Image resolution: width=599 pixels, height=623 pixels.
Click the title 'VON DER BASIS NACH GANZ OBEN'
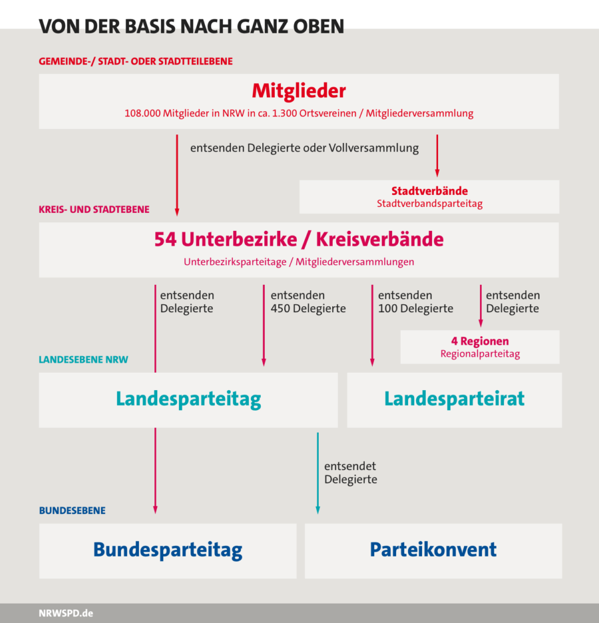point(192,27)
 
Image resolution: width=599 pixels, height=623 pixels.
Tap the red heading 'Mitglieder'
point(299,91)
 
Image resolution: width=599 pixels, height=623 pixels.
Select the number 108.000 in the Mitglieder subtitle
point(142,113)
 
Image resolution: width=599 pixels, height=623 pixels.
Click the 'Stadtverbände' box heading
point(429,191)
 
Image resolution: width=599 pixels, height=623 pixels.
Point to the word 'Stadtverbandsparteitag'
point(429,204)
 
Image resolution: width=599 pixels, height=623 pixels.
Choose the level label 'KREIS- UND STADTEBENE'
point(94,210)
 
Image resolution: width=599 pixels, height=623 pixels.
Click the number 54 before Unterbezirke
point(165,239)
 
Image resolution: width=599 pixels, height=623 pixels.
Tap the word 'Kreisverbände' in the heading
point(380,239)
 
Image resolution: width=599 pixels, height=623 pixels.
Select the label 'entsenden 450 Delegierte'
point(308,302)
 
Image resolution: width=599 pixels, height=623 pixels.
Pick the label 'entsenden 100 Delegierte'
point(415,302)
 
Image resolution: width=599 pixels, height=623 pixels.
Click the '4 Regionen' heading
point(480,341)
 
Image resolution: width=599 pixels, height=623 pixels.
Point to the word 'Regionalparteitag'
point(480,353)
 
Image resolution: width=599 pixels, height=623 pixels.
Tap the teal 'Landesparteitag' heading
point(188,399)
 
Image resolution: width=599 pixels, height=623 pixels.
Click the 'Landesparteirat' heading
point(455,399)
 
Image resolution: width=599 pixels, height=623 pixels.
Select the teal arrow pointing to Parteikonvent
point(317,473)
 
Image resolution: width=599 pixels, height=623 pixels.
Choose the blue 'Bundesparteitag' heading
point(168,550)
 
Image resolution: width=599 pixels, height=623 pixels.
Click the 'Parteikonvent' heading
point(433,550)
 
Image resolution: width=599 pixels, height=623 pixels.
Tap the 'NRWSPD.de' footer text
point(66,613)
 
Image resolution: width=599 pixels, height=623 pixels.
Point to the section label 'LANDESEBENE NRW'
point(83,359)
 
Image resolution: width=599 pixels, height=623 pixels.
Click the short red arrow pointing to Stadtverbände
point(437,155)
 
